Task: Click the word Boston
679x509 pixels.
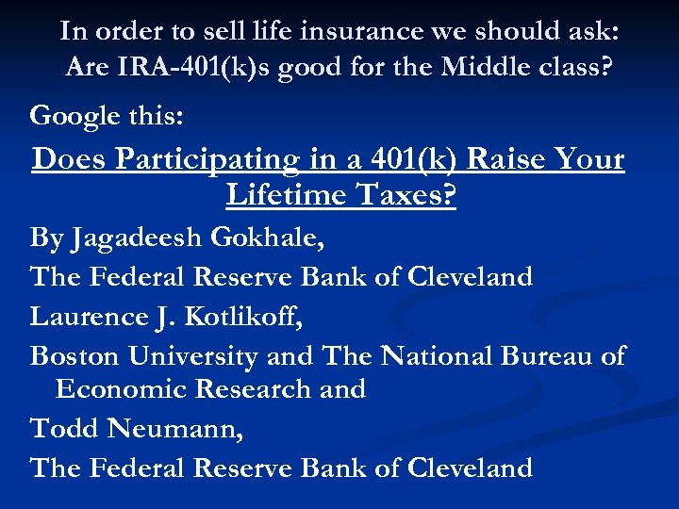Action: (x=75, y=355)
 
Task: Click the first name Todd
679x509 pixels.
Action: (x=65, y=429)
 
